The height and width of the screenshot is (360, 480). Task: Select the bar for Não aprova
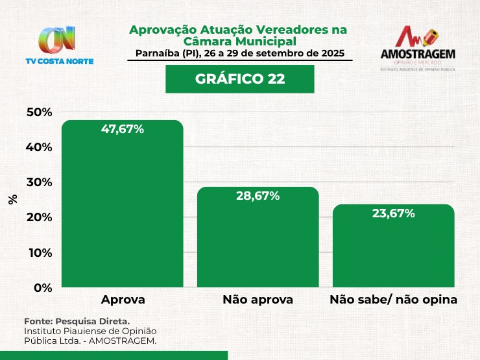coord(258,240)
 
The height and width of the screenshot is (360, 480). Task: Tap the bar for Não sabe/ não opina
coord(393,250)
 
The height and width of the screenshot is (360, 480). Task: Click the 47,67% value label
coord(123,129)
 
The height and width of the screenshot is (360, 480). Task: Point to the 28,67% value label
coord(258,195)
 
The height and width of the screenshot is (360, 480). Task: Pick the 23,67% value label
coord(393,213)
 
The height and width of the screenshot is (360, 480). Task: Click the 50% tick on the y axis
coord(39,112)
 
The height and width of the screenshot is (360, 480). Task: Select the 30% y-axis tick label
coord(39,182)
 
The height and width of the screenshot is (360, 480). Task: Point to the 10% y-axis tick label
coord(39,252)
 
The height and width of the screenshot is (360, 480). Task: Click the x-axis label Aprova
coord(123,300)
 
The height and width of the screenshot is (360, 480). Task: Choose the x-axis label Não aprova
coord(258,300)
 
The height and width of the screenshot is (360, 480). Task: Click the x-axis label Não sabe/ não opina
coord(393,300)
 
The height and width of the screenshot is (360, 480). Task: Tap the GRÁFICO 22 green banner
coord(239,79)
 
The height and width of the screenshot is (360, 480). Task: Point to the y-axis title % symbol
coord(13,199)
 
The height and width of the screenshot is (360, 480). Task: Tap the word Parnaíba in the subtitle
coord(158,53)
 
